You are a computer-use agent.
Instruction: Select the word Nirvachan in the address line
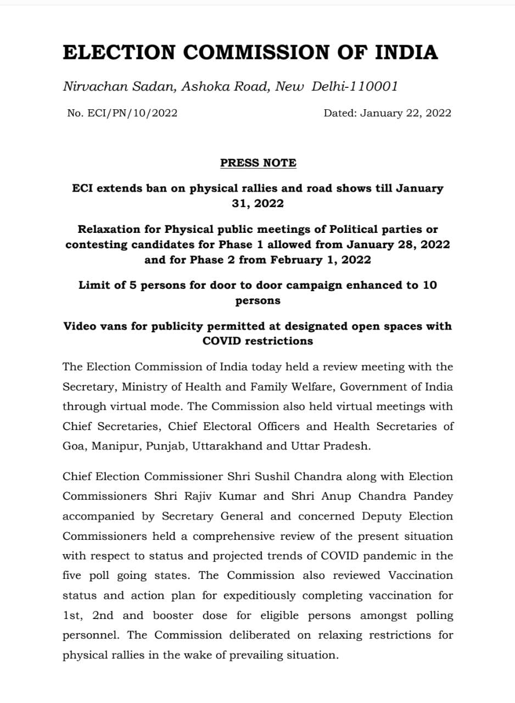[89, 86]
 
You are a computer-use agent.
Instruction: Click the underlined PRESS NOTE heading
[258, 163]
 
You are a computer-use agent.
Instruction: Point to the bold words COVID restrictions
[258, 341]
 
